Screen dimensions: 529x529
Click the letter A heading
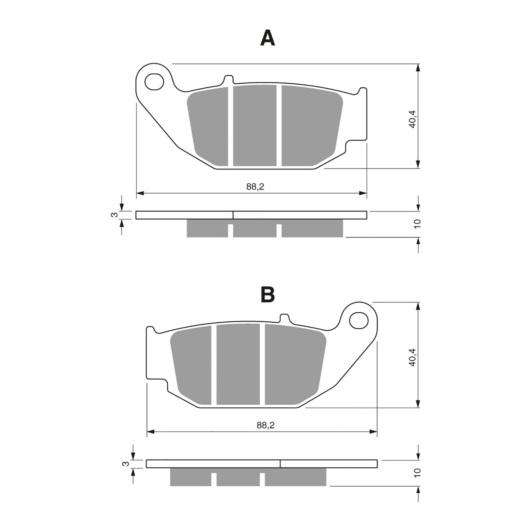267,38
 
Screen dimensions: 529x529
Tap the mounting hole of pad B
359,320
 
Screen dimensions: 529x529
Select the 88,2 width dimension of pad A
255,187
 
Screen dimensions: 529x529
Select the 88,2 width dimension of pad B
265,425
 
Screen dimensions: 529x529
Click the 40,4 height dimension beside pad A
413,119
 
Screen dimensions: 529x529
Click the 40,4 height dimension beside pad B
413,357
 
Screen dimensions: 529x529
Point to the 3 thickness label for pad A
114,215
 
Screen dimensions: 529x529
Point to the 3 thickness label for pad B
125,464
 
